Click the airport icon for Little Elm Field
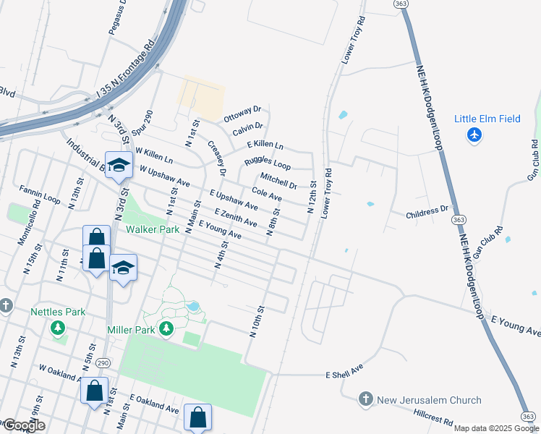coord(474,135)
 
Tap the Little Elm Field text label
coord(487,119)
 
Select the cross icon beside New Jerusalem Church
coord(366,399)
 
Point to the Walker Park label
coord(151,229)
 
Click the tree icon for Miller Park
coord(167,330)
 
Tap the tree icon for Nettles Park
coord(58,329)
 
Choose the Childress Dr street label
coord(427,210)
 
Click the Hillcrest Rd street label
coord(433,420)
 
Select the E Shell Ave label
coord(344,375)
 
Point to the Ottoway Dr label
coord(242,114)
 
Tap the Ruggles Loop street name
coord(268,164)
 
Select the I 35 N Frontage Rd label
coord(127,73)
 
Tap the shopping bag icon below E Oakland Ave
coord(198,418)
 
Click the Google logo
coord(23,425)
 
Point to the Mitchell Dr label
coord(278,180)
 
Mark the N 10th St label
coord(255,323)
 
